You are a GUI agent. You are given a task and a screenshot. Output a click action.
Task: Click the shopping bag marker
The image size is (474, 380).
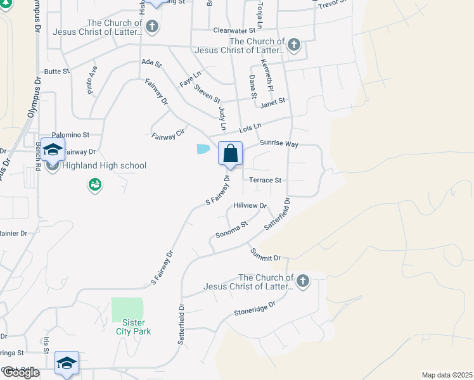coord(230,154)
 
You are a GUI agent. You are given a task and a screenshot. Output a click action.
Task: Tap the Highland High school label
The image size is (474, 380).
coord(105,166)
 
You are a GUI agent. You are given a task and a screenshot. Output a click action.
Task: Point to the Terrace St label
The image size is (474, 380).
coord(265,180)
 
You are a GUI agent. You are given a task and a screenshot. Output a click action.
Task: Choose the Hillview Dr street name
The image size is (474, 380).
coord(250,206)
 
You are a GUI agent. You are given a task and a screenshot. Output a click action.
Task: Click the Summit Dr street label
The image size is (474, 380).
coord(265,255)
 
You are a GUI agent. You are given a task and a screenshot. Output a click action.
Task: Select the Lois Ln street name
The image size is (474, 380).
coord(250,128)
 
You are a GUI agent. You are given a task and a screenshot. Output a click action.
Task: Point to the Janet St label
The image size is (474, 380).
coord(273,101)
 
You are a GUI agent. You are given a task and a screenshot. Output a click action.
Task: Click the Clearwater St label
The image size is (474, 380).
coord(234,30)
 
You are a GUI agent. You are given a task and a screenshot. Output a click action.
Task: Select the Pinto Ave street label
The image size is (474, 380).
coord(93,84)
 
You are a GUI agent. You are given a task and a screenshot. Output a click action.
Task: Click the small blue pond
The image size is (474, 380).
coord(203,149)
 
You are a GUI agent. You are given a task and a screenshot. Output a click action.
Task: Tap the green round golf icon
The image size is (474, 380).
coord(95,185)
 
